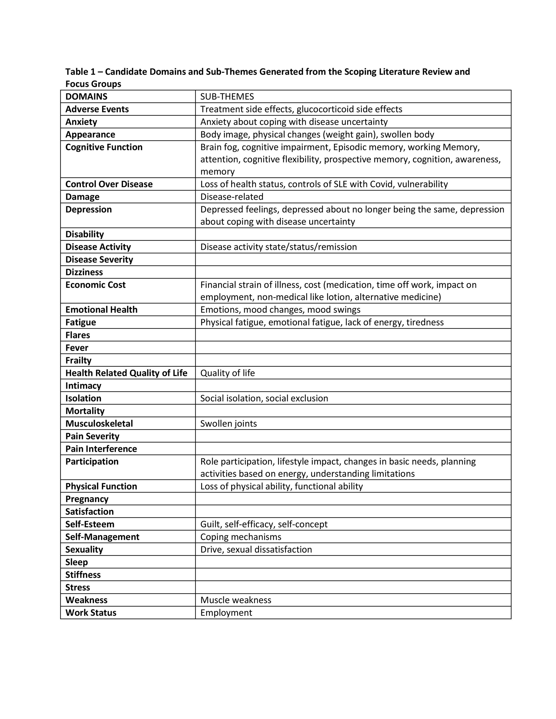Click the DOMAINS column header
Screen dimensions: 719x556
coord(86,96)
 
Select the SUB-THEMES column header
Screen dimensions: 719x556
coord(227,96)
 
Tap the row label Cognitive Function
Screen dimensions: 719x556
coord(104,147)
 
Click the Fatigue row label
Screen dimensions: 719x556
coord(81,322)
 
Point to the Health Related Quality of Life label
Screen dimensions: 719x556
coord(126,373)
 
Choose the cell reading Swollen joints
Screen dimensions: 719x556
coord(228,423)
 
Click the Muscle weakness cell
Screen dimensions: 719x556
coord(235,600)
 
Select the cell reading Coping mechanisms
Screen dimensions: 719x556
coord(240,537)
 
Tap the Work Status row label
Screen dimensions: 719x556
coord(91,613)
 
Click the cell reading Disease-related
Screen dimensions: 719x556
coord(232,197)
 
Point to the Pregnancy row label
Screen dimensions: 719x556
coord(87,499)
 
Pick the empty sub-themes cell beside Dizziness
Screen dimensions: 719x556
coord(353,272)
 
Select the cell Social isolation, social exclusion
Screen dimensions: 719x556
coord(264,398)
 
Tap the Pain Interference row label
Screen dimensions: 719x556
coord(101,449)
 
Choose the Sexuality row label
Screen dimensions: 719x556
coord(84,550)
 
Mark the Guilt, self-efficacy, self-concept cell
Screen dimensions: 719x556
coord(264,524)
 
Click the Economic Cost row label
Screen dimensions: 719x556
coord(96,285)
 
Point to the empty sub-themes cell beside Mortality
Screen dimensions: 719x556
coord(353,411)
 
